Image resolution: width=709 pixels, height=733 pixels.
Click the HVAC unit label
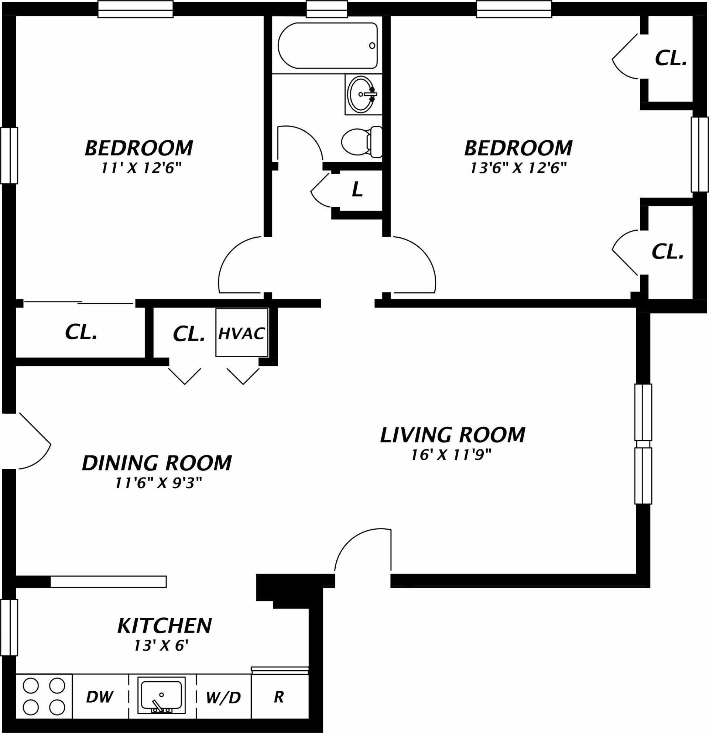242,334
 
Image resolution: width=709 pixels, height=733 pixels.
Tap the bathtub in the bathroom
328,45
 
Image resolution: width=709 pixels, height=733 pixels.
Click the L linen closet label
358,190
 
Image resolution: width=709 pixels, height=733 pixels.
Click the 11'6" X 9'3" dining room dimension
159,483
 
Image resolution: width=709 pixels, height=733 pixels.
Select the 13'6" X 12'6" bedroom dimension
517,168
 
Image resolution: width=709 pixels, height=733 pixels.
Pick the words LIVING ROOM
453,435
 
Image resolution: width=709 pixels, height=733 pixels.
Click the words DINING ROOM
157,462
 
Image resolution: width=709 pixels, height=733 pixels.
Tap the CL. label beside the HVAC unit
189,334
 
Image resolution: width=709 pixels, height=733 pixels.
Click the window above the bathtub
327,9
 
